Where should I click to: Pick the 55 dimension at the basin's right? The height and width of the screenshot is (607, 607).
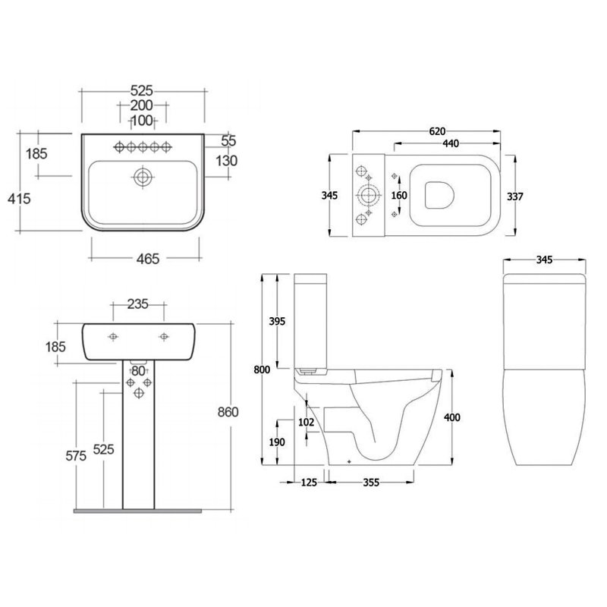(230, 140)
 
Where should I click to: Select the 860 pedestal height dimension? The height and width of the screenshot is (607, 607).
(228, 412)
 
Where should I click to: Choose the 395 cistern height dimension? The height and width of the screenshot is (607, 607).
(278, 322)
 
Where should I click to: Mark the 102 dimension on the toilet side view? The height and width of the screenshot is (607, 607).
(307, 423)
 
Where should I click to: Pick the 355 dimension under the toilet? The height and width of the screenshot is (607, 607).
(371, 483)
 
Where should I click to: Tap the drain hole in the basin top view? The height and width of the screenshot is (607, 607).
(142, 178)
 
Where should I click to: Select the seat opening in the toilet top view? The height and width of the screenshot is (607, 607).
(438, 196)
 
